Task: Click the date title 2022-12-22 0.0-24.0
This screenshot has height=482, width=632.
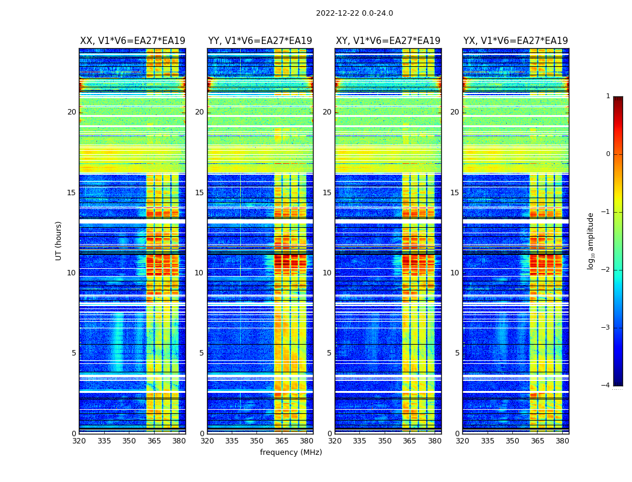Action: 354,13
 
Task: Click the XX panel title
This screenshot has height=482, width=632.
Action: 132,41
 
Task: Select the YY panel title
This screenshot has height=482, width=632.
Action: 260,41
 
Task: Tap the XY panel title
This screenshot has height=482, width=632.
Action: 388,41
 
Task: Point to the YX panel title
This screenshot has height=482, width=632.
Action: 515,41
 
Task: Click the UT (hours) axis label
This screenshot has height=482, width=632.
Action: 59,240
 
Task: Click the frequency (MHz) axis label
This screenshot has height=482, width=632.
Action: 291,452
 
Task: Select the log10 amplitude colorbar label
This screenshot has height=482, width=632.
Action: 591,240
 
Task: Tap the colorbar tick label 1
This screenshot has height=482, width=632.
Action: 607,96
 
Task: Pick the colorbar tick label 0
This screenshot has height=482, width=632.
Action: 607,154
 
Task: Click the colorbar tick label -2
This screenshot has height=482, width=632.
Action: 606,270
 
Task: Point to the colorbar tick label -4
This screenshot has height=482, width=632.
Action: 606,386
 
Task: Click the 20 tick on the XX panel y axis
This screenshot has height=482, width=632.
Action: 72,112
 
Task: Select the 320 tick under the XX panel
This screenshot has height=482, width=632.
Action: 79,441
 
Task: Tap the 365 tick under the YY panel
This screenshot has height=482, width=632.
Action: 282,441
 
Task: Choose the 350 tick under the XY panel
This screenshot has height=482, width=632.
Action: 385,441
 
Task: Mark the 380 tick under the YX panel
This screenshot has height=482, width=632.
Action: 562,441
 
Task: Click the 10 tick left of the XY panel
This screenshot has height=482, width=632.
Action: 327,273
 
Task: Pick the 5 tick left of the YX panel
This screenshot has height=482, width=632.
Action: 457,353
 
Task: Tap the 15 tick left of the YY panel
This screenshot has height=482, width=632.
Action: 199,193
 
